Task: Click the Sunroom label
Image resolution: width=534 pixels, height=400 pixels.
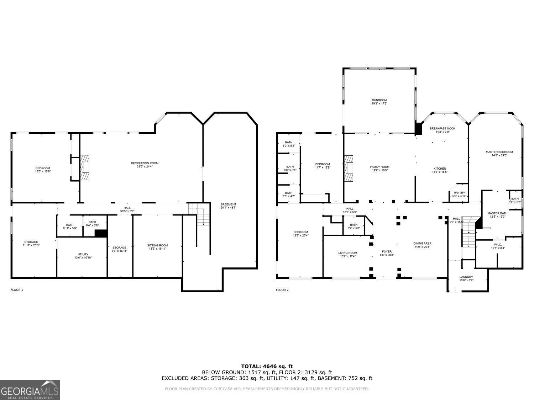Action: pos(379,100)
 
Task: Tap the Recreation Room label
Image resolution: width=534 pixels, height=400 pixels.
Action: pos(145,163)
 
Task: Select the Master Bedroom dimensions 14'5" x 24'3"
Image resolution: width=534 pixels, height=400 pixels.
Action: pos(499,155)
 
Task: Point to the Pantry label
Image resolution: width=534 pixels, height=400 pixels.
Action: pos(459,193)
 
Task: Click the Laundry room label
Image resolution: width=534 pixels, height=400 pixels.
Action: pos(466,277)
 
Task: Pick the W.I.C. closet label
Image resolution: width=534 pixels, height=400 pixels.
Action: pos(498,245)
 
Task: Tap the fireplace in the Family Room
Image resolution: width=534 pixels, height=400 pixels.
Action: pos(349,169)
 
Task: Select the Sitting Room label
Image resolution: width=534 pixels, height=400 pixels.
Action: pos(157,245)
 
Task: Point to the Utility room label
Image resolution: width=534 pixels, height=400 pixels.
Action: pos(83,254)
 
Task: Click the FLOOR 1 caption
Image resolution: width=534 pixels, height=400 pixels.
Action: pos(17,290)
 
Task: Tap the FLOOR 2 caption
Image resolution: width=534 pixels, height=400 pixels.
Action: pos(282,290)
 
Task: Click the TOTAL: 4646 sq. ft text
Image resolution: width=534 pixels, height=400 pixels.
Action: pos(267,366)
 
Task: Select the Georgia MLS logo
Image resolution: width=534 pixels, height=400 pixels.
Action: pos(30,390)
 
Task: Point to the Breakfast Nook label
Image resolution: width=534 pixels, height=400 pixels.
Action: pos(442,128)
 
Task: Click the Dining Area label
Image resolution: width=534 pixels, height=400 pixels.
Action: pos(422,244)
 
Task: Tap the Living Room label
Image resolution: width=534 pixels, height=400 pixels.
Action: pos(347,253)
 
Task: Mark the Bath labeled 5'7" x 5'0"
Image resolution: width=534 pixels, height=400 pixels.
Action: pos(354,225)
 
